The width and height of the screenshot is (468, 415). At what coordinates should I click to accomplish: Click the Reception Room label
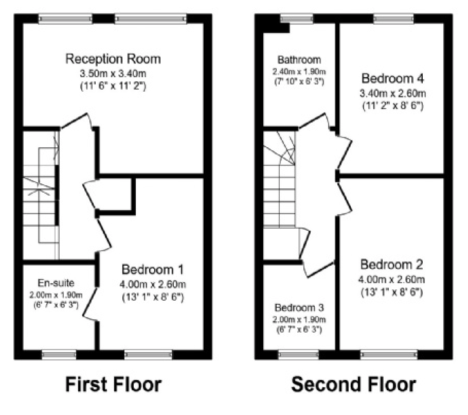[113, 59]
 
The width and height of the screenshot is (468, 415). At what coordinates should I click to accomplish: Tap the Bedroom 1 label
[153, 269]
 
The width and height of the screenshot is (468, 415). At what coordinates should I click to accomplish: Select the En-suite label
[56, 283]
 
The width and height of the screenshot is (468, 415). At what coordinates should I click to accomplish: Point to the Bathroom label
[299, 60]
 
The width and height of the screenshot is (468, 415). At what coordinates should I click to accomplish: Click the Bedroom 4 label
[393, 78]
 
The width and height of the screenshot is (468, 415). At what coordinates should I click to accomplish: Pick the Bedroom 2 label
[391, 265]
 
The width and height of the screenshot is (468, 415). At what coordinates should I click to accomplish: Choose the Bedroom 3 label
[299, 307]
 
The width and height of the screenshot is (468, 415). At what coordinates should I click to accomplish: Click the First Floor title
[114, 384]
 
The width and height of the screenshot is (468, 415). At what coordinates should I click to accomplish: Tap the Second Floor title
[354, 384]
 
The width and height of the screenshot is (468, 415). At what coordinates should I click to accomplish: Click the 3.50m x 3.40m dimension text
[113, 73]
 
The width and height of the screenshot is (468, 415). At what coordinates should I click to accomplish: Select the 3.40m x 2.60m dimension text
[393, 94]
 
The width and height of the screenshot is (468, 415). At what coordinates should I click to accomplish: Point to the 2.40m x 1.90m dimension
[299, 72]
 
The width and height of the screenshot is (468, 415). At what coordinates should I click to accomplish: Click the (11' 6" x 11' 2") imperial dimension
[113, 86]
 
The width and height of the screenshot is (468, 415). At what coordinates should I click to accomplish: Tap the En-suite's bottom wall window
[59, 355]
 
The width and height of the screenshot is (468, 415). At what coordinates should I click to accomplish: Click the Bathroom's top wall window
[297, 19]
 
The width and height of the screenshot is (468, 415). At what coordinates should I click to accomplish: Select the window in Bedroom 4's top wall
[393, 19]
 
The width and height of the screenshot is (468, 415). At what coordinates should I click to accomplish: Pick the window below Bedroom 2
[389, 355]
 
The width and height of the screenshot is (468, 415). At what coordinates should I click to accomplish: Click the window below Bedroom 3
[299, 355]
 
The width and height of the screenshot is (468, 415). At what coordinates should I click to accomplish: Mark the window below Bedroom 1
[149, 355]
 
